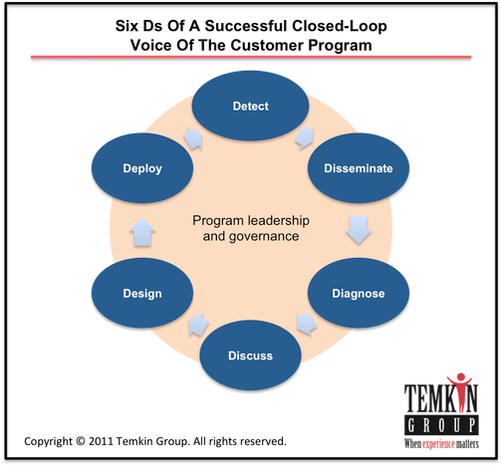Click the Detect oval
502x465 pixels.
(x=251, y=106)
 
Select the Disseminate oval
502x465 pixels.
(x=359, y=168)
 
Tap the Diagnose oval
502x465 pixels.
(x=359, y=293)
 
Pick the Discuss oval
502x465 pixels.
(x=251, y=355)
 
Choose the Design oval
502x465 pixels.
(x=142, y=293)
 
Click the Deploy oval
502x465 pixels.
(x=142, y=168)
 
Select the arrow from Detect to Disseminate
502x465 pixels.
(x=305, y=137)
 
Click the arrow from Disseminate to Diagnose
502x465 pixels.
(x=359, y=230)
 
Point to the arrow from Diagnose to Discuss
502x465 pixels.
(x=306, y=324)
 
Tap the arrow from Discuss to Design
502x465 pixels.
(x=198, y=325)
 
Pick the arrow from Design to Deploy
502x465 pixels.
(x=142, y=232)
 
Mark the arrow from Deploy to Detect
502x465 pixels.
(x=193, y=137)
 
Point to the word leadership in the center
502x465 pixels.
(x=279, y=220)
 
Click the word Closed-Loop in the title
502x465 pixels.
(x=339, y=27)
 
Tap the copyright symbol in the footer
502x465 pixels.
(x=81, y=441)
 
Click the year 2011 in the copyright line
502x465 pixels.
(x=101, y=441)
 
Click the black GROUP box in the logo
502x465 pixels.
(x=441, y=425)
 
